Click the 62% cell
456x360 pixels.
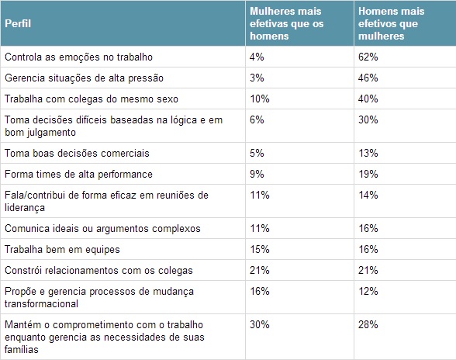[368, 57]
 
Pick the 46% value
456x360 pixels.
[368, 78]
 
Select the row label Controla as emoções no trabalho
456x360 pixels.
[78, 57]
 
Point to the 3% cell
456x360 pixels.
[257, 78]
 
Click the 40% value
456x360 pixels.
[368, 100]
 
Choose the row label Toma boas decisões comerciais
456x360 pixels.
[77, 153]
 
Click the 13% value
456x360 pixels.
[368, 153]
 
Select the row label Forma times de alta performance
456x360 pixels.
[78, 174]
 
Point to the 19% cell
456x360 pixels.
[368, 174]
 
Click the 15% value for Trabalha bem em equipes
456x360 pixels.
[259, 249]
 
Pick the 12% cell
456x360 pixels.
[368, 290]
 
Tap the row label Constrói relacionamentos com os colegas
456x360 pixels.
[98, 270]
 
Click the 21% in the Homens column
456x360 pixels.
[368, 270]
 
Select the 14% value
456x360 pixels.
[368, 196]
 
